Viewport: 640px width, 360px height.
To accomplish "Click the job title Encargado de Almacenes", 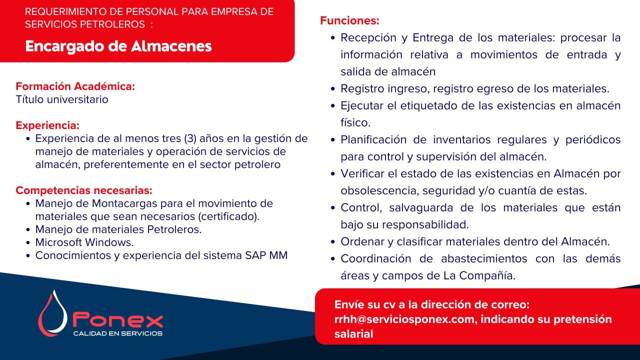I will pos(118,46).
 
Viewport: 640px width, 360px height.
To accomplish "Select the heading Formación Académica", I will pos(75,86).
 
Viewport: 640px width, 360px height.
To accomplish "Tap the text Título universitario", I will pos(62,99).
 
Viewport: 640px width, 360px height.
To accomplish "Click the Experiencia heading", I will pos(47,125).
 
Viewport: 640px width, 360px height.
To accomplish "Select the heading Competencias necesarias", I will pos(84,190).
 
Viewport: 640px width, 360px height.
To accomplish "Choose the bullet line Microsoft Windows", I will pos(84,242).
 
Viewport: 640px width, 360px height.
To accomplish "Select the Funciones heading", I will pos(349,21).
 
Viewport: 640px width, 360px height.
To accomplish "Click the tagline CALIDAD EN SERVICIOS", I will pos(117,333).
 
